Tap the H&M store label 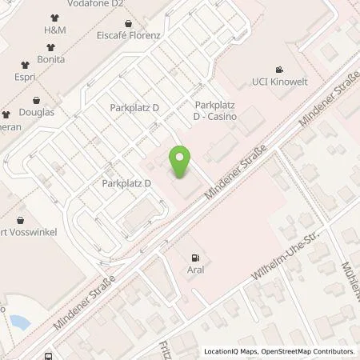54,29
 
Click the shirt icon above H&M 54,16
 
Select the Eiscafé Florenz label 128,36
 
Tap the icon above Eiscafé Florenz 128,24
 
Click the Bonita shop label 50,59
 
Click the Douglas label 37,112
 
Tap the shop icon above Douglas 37,100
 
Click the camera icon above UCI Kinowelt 278,70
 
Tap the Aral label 195,270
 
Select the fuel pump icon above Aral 195,258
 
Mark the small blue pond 19,322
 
